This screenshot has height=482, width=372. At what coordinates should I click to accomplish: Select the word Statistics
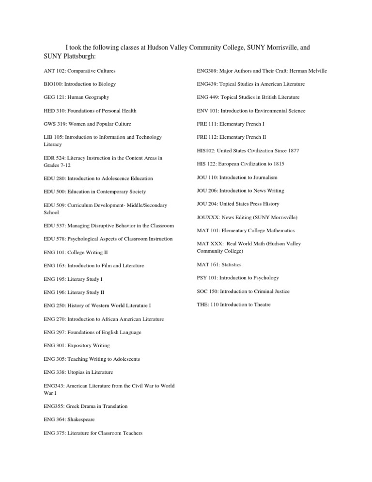(x=231, y=265)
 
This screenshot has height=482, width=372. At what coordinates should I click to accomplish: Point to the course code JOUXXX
(x=207, y=217)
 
